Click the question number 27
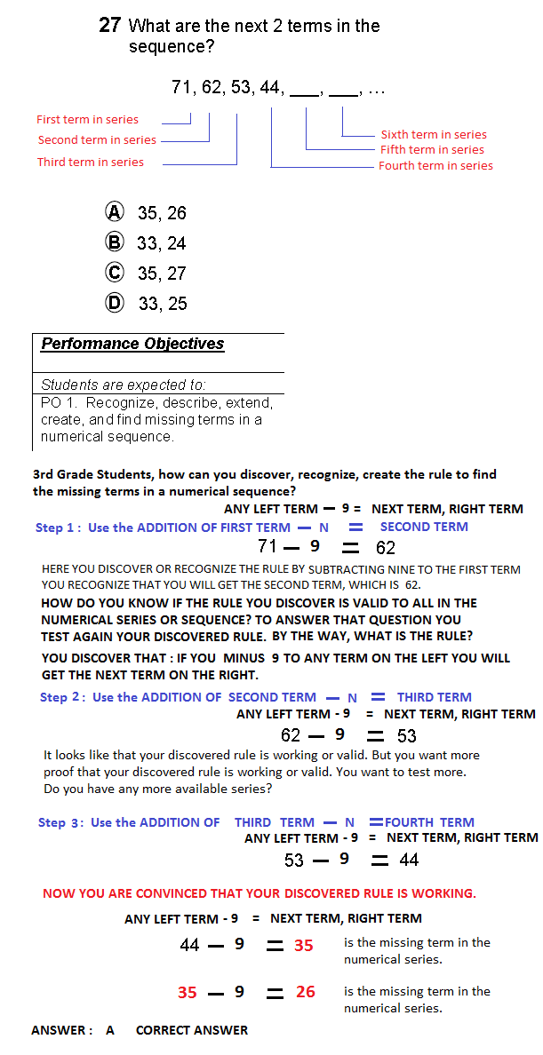[x=109, y=26]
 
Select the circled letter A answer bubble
[x=115, y=211]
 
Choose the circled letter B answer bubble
[x=115, y=242]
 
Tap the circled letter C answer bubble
[x=115, y=272]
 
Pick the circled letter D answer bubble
[x=115, y=302]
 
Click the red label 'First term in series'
[x=87, y=119]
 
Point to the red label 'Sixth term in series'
[x=434, y=134]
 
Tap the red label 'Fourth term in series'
[x=435, y=165]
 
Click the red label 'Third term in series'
[x=90, y=162]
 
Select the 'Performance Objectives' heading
[x=132, y=344]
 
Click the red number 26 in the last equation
[x=305, y=991]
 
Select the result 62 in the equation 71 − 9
[x=385, y=548]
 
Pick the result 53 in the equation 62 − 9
[x=406, y=735]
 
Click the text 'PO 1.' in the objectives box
[x=59, y=402]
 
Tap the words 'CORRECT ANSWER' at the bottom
[x=192, y=1030]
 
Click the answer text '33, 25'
[x=163, y=304]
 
